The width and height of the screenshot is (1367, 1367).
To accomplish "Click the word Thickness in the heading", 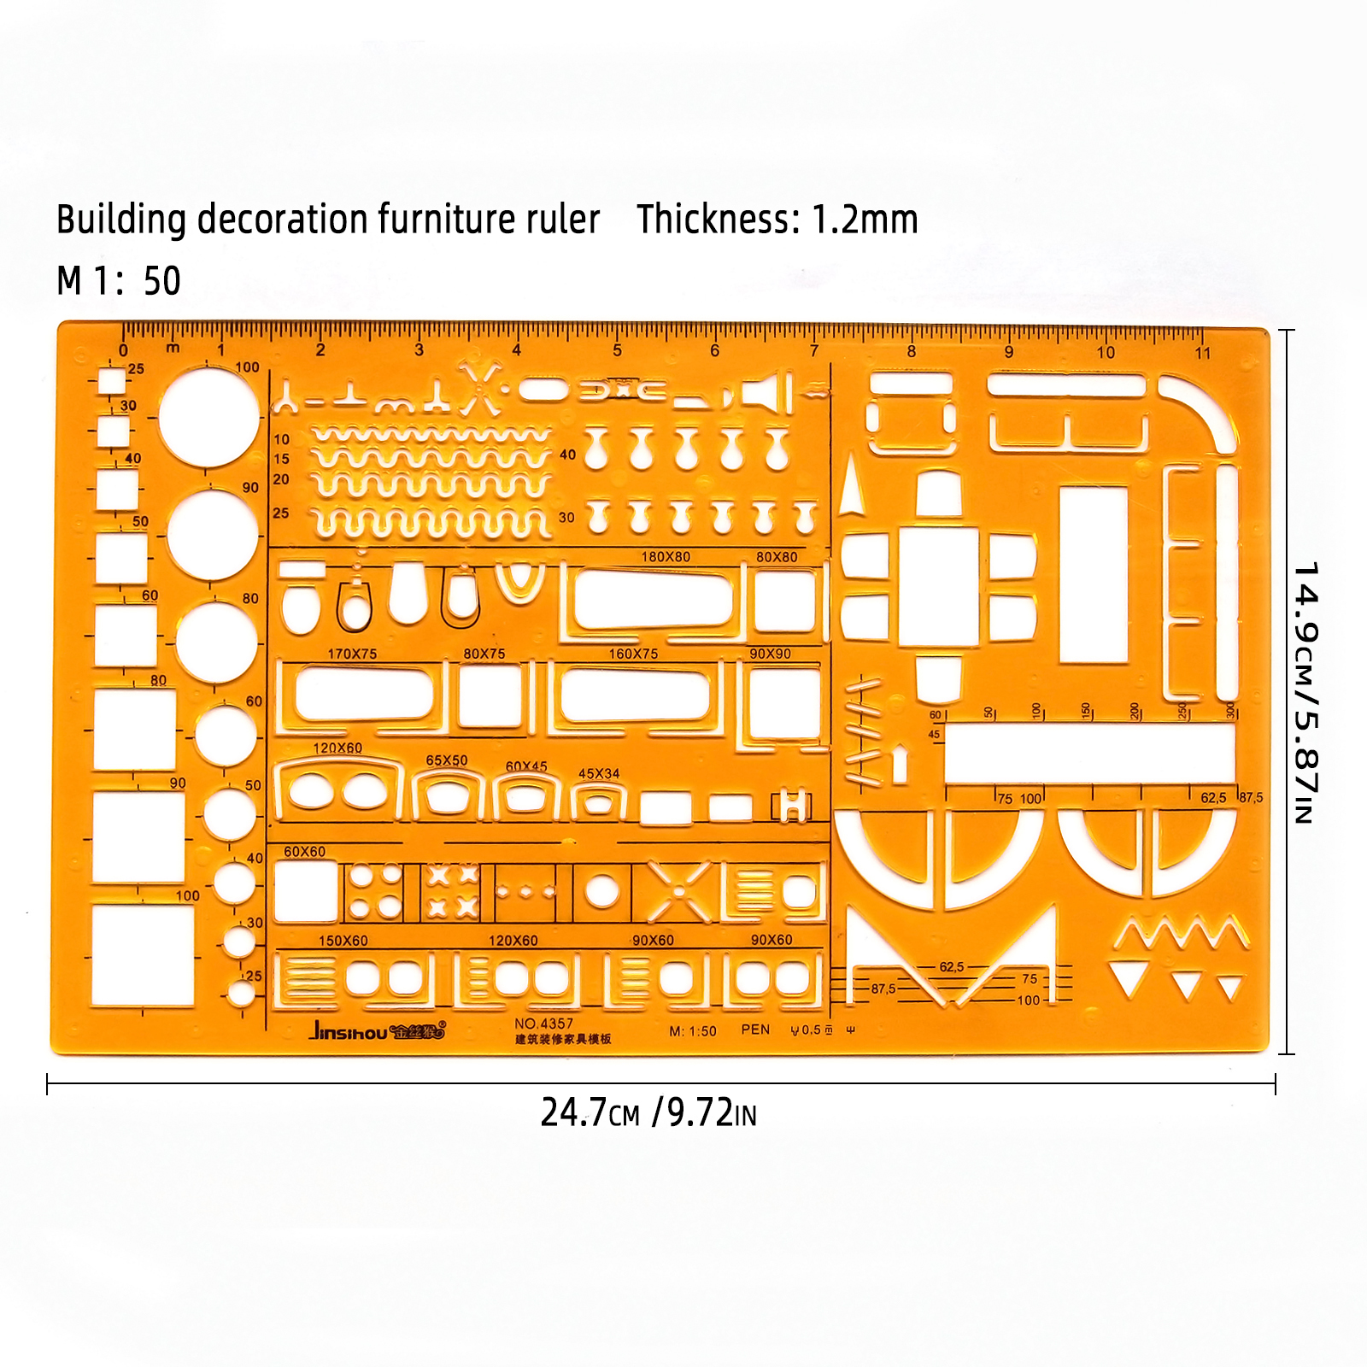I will click(x=715, y=220).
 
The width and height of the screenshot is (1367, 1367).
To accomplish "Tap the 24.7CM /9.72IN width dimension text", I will click(x=648, y=1112).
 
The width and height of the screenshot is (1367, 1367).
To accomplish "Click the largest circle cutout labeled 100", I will click(x=208, y=417).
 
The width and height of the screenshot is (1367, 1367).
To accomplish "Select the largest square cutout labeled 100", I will click(x=143, y=955).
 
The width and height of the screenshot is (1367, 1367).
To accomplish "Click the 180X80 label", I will click(x=666, y=557).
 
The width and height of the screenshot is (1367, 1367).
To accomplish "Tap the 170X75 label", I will click(x=352, y=654).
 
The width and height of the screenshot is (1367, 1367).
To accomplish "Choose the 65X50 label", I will click(x=447, y=760).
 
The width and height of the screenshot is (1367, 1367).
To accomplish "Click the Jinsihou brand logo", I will click(x=376, y=1031).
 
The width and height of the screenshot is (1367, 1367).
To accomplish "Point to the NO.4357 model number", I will click(x=543, y=1024).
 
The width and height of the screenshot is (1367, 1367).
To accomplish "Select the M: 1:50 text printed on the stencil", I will click(x=693, y=1031).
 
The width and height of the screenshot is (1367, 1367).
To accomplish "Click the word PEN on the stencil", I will click(x=755, y=1030).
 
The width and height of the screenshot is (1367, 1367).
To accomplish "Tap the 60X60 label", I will click(x=304, y=852).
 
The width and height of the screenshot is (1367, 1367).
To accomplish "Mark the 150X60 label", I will click(x=343, y=941).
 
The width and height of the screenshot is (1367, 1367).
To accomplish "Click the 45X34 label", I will click(x=599, y=774).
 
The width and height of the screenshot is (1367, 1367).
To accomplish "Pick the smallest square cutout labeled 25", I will click(x=112, y=381).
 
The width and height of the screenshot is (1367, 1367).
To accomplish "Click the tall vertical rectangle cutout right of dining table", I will click(x=1094, y=574).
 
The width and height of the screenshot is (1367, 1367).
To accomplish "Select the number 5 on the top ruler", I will click(x=617, y=350).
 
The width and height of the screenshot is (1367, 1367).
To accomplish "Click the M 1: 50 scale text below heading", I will click(x=119, y=281).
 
